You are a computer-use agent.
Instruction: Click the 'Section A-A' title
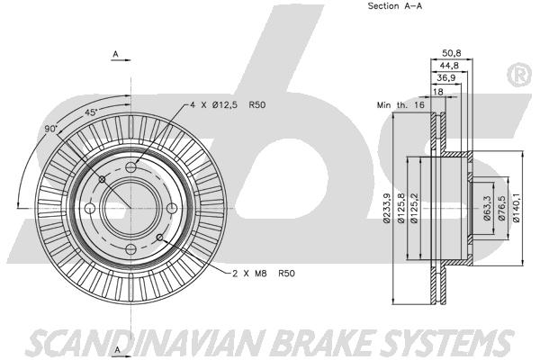pos(395,6)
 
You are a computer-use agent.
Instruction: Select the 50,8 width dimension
pos(452,53)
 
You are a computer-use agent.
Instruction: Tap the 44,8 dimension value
pos(449,66)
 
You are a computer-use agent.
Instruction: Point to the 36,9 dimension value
pos(446,78)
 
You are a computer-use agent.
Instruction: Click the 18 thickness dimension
pos(438,92)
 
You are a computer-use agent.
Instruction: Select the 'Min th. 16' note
pos(400,104)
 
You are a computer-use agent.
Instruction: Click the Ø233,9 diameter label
pos(387,208)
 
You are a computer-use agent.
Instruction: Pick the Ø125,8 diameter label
pos(401,208)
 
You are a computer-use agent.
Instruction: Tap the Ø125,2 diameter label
pos(414,208)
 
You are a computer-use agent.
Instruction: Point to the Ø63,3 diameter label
pos(487,208)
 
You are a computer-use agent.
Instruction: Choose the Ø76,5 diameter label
pos(501,208)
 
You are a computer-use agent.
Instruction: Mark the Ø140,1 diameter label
pos(516,208)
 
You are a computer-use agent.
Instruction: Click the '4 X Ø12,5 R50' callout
pos(228,104)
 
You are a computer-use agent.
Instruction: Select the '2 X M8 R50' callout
pos(264,274)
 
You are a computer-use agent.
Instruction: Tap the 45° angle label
pos(91,112)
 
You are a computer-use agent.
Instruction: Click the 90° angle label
pos(50,129)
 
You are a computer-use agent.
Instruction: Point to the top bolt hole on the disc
pos(131,167)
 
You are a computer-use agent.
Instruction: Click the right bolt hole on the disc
pos(172,208)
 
